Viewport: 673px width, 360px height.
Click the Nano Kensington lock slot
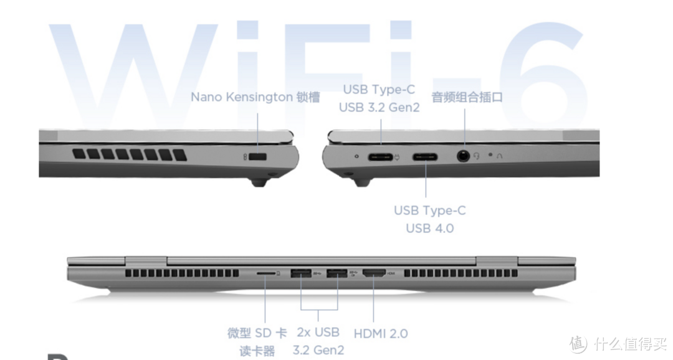pyautogui.click(x=257, y=157)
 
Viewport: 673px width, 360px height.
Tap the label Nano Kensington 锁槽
pyautogui.click(x=255, y=97)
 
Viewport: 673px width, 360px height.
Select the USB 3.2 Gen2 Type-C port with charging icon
pyautogui.click(x=380, y=157)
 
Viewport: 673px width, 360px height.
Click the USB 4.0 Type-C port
pyautogui.click(x=425, y=157)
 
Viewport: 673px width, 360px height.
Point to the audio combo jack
pyautogui.click(x=463, y=156)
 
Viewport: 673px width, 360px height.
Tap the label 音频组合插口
pyautogui.click(x=467, y=97)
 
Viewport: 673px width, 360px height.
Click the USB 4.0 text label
pyautogui.click(x=429, y=229)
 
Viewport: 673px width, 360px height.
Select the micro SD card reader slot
pyautogui.click(x=266, y=273)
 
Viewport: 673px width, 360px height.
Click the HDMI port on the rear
pyautogui.click(x=375, y=273)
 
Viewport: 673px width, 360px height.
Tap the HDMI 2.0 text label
pyautogui.click(x=381, y=333)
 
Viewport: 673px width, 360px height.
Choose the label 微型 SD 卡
pyautogui.click(x=257, y=333)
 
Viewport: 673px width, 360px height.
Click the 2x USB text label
pyautogui.click(x=318, y=333)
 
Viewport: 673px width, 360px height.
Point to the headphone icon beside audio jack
pyautogui.click(x=477, y=156)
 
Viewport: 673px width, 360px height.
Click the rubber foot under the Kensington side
pyautogui.click(x=259, y=182)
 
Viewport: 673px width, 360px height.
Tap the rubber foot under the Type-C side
pyautogui.click(x=362, y=182)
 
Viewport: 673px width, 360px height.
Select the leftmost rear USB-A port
pyautogui.click(x=301, y=273)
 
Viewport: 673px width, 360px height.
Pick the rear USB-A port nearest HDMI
pyautogui.click(x=337, y=273)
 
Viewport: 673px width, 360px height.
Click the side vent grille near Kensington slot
pyautogui.click(x=130, y=154)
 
